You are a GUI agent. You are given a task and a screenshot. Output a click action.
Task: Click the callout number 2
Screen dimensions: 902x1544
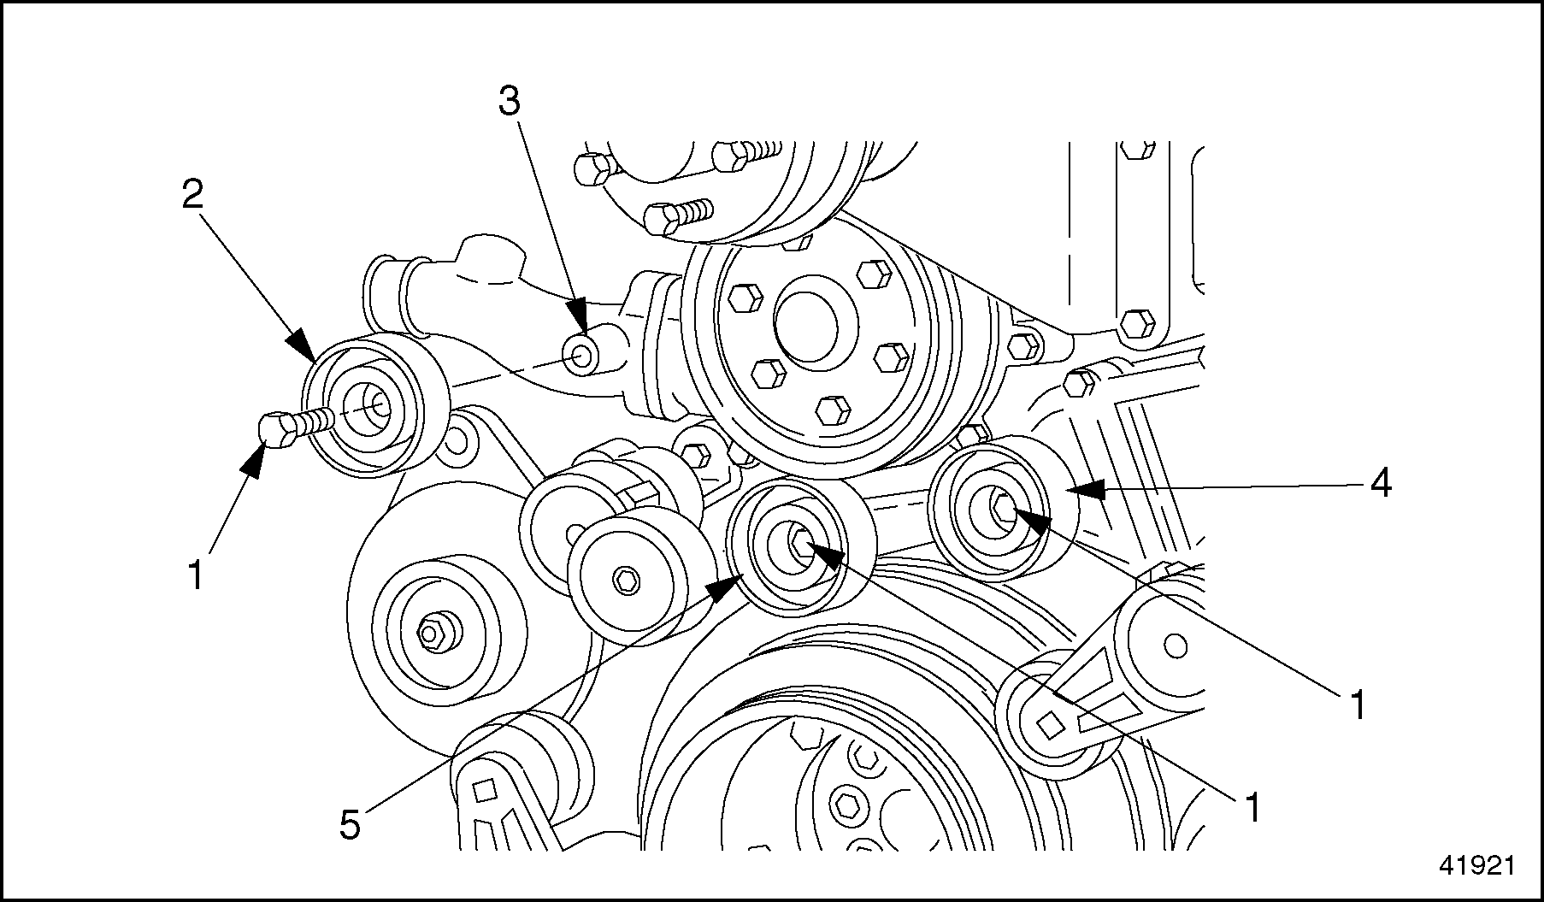pyautogui.click(x=192, y=197)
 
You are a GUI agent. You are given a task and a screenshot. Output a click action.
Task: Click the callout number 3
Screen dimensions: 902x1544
pyautogui.click(x=510, y=102)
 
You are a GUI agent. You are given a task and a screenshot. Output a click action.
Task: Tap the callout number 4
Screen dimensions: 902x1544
pyautogui.click(x=1381, y=484)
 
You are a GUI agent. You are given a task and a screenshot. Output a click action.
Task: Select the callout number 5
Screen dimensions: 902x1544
pyautogui.click(x=350, y=825)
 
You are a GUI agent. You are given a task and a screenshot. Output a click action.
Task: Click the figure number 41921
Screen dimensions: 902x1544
pyautogui.click(x=1476, y=865)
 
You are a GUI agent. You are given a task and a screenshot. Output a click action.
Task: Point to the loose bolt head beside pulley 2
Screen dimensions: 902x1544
pyautogui.click(x=276, y=428)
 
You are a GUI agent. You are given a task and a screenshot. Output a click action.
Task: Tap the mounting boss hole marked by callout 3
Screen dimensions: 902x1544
pyautogui.click(x=581, y=355)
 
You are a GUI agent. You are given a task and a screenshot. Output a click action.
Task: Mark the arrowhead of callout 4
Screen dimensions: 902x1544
pyautogui.click(x=1082, y=490)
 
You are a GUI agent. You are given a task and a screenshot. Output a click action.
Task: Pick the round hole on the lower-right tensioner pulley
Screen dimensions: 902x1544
pyautogui.click(x=1176, y=646)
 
